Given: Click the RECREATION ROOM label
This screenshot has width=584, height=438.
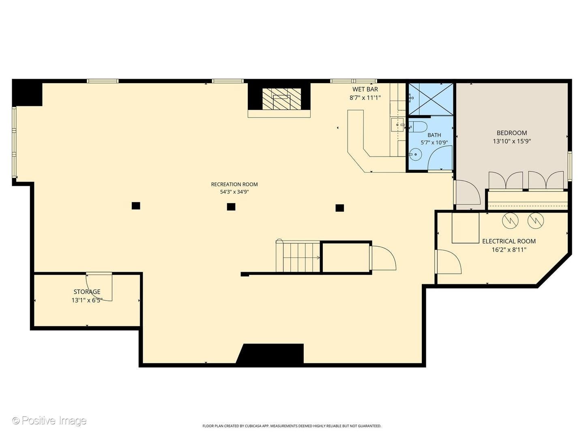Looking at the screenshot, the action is click(x=234, y=184).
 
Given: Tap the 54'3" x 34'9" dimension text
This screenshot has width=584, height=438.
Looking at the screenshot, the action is click(x=234, y=192).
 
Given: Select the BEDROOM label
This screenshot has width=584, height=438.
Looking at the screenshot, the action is click(x=512, y=133).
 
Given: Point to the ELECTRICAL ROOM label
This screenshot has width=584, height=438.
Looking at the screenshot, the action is click(x=509, y=241).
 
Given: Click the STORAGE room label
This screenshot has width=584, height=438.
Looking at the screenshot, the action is click(x=87, y=292).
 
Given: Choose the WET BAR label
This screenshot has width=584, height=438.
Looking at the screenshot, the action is click(x=365, y=89).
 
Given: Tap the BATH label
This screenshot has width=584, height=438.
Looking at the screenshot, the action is click(x=434, y=135).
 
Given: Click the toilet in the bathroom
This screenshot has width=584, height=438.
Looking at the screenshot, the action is click(x=418, y=127).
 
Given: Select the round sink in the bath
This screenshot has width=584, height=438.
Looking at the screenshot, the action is click(x=414, y=155).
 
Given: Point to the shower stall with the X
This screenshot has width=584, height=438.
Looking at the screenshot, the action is click(x=431, y=99).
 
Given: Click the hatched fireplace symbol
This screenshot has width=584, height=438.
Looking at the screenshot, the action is click(x=281, y=99).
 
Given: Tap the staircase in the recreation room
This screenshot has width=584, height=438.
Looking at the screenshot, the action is click(x=298, y=256).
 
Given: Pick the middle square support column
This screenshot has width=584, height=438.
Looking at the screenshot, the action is click(x=231, y=207).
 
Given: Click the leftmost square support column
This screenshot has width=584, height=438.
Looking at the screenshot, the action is click(x=136, y=206).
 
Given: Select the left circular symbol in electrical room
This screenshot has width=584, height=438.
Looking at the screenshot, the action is click(x=510, y=220).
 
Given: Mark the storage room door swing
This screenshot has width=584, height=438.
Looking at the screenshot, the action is click(x=99, y=287).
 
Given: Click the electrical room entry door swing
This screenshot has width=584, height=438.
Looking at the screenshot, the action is click(x=448, y=262).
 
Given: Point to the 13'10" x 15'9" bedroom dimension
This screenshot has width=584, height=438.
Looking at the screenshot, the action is click(x=512, y=141).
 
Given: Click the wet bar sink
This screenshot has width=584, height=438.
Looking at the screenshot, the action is click(x=397, y=125).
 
